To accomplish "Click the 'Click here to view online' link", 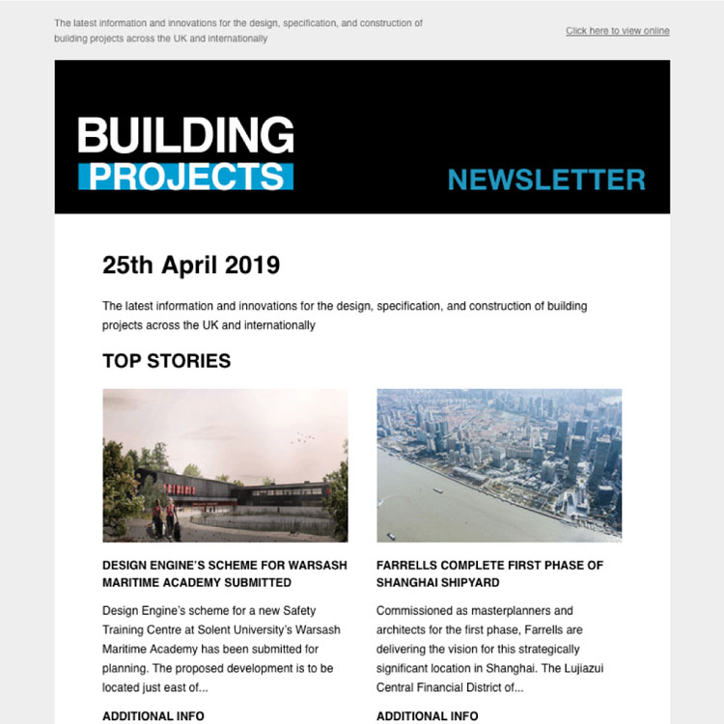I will [x=617, y=31].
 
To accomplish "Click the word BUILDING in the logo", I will [x=185, y=136].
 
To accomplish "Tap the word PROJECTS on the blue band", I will [x=185, y=177].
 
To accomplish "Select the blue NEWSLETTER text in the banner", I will [x=546, y=180].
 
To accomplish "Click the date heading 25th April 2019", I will [x=191, y=265].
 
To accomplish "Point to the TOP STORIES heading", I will [x=166, y=362].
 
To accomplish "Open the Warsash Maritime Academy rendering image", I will [x=225, y=465].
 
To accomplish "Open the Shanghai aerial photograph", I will [x=499, y=465].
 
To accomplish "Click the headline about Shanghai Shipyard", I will [x=488, y=574].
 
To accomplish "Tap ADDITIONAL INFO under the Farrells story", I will [x=427, y=716].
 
